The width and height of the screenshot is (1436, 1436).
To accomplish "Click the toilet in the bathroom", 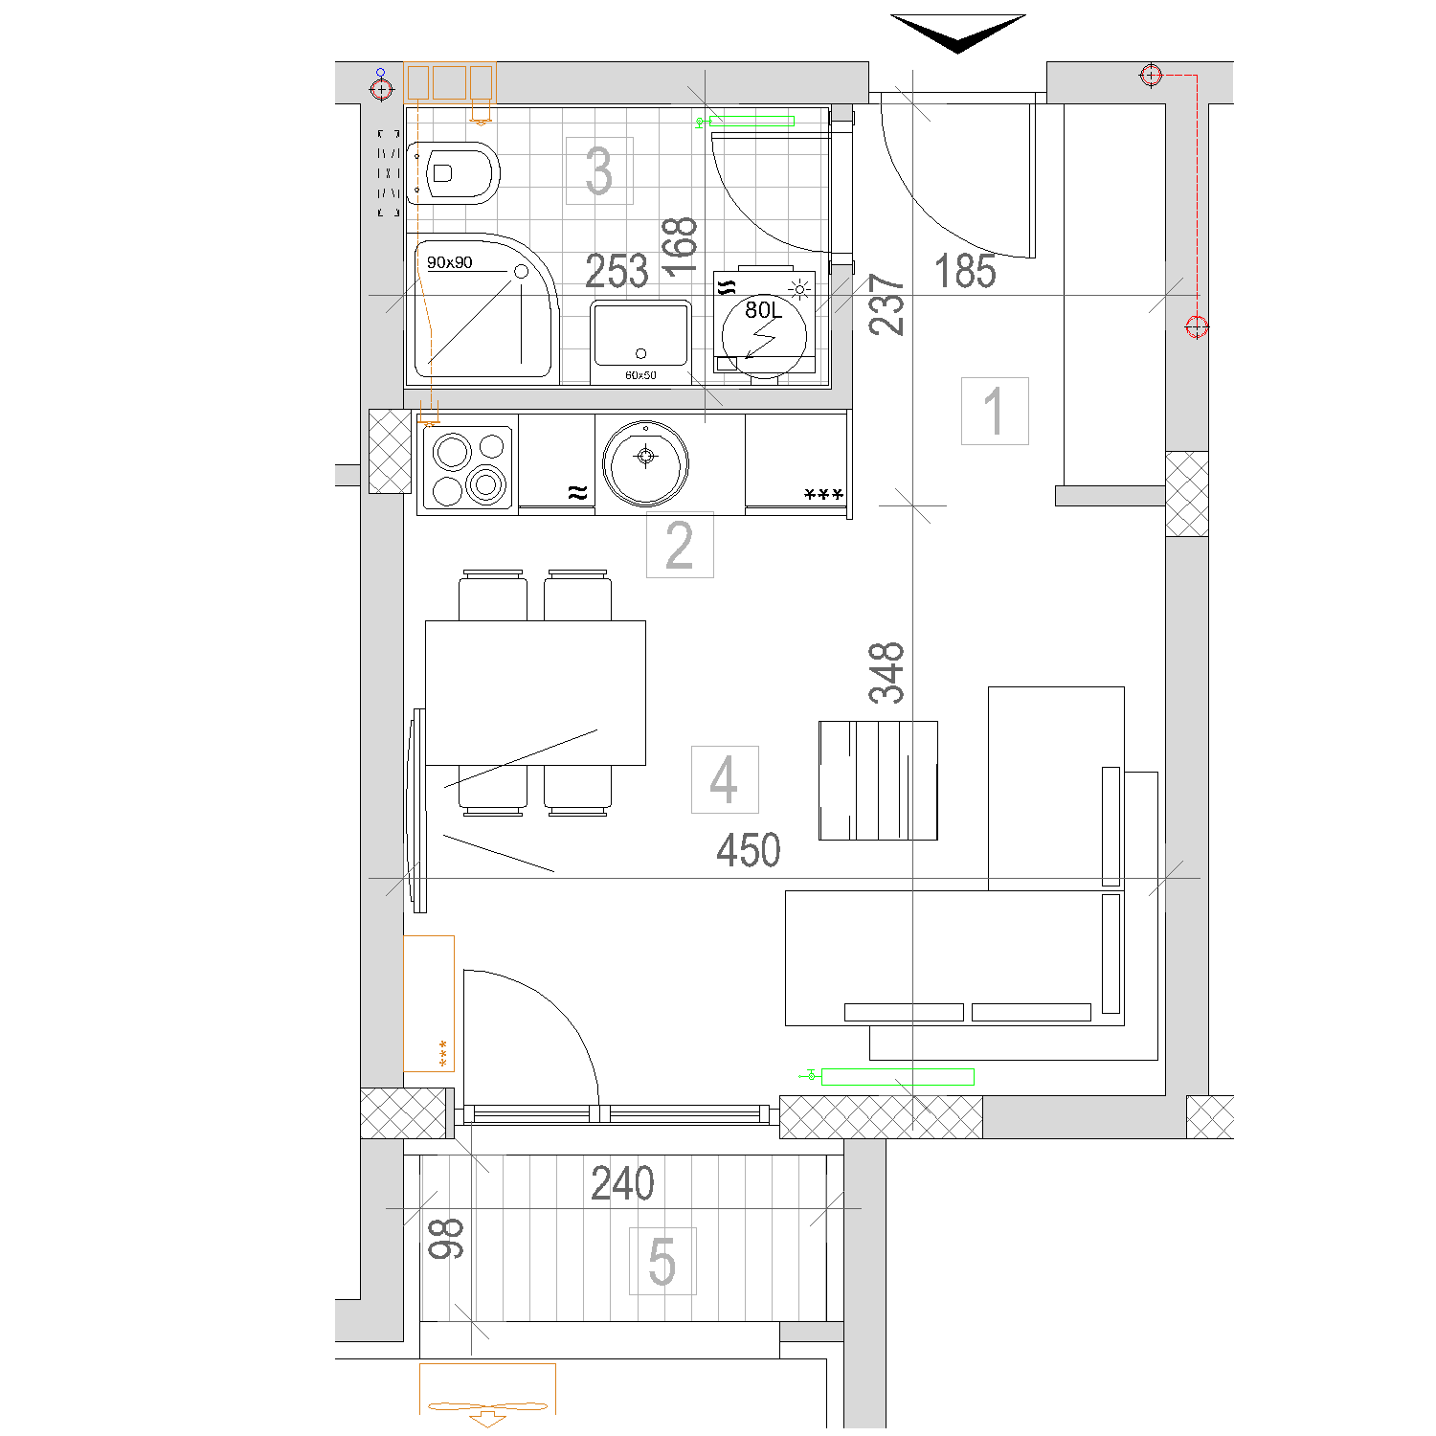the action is pos(453,172).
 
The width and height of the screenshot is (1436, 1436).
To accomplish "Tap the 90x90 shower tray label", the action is pos(450,262).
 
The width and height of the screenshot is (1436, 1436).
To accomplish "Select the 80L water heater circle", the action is pos(764,335).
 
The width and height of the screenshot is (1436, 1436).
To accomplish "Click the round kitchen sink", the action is pos(646,463).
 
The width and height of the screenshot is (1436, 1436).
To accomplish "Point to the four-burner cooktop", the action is pos(468,467).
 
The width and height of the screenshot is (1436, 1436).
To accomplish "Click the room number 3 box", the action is pos(599,170).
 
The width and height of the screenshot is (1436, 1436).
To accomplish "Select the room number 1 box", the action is pos(995,411).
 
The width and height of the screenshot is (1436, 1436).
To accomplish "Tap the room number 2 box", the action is pos(680,545).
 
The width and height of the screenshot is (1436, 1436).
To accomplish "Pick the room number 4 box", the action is pos(725,779).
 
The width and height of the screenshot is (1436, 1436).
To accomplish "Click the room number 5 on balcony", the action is pos(662,1261).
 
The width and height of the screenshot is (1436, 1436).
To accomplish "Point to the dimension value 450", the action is pos(749,850).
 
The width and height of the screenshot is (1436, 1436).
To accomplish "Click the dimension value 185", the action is pos(965,271).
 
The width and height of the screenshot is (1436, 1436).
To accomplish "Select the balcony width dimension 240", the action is pos(622,1183).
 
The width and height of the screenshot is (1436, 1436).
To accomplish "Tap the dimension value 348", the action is pos(886,672).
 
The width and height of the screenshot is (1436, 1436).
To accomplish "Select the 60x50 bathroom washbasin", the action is pos(640,342).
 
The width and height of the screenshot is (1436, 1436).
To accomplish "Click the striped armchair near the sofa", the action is pos(878,780).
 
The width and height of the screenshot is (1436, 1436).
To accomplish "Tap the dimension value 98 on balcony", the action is pos(446,1238).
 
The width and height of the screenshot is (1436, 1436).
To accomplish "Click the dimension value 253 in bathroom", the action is pos(617,272).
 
